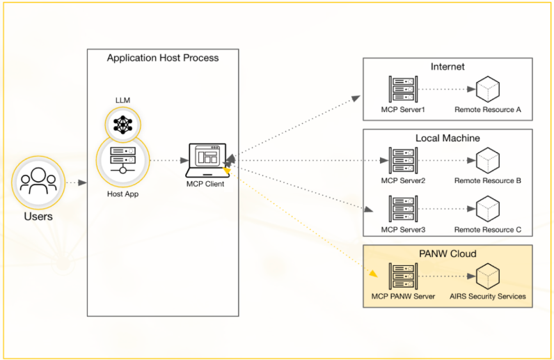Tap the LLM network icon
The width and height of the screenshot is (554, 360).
[122, 125]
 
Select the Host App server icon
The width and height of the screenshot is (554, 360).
[122, 160]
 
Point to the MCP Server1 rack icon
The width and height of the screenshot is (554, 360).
[401, 88]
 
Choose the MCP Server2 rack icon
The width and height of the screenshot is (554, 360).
[401, 160]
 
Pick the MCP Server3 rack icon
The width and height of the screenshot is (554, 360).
[401, 209]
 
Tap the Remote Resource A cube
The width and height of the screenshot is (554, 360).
[487, 89]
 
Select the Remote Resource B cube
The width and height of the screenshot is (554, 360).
[487, 160]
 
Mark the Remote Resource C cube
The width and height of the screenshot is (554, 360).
[487, 209]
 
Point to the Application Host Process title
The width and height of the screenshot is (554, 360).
[163, 58]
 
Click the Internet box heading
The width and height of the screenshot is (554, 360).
[448, 67]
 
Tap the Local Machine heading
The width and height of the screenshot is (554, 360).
[448, 138]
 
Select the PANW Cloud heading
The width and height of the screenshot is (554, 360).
[448, 253]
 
